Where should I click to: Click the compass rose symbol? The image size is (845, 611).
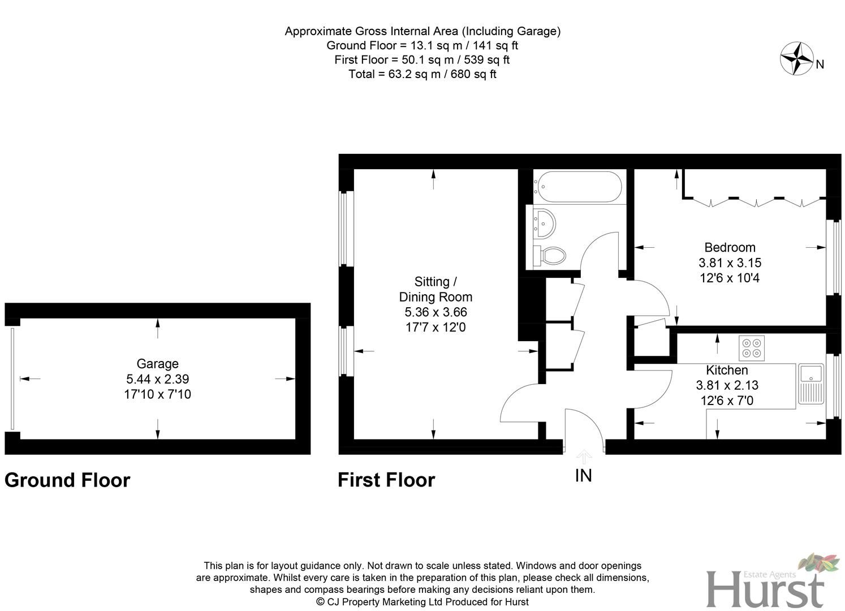coord(796,58)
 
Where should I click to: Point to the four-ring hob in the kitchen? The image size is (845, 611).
coord(752,347)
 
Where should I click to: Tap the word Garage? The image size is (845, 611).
coord(157,364)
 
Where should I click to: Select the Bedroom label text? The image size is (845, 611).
coord(730,247)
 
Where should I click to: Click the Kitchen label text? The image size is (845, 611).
coord(727,370)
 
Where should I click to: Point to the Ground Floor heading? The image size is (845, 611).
coord(67,480)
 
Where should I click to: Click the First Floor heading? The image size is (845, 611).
coord(386,480)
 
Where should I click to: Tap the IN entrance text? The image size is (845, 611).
coord(583,476)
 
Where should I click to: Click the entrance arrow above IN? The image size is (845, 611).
coord(584,456)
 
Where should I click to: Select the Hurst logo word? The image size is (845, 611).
coord(765,590)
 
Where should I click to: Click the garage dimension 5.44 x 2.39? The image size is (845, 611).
coord(157,379)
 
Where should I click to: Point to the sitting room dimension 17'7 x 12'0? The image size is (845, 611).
coord(435,327)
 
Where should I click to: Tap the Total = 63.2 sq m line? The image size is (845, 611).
coord(422,74)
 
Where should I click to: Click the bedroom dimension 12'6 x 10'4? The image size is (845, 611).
coord(730,278)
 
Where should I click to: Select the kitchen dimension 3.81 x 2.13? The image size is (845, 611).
coord(727,385)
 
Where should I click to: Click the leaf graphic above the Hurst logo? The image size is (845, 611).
coord(819,563)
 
